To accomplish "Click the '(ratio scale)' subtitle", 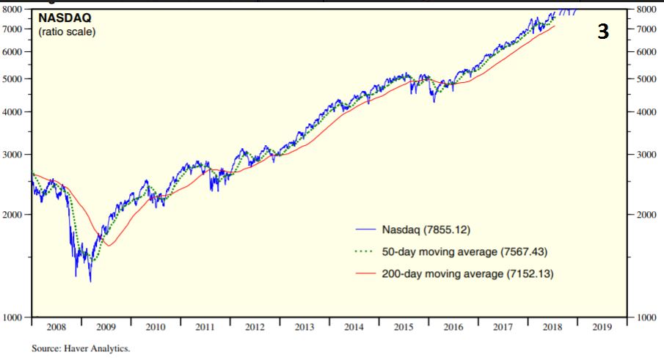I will coord(66,32).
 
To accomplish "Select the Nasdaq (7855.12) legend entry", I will coord(430,229).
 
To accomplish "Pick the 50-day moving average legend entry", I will coord(464,251).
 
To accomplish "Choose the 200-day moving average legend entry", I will coord(467,274).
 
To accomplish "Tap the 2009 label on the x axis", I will coord(106,327).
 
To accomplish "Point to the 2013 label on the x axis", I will coord(304,327).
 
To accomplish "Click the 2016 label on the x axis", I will coord(453,327).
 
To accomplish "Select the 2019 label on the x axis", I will coord(602,327).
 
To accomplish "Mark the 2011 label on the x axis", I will coord(205,327).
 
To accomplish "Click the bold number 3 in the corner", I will coord(602,32).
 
